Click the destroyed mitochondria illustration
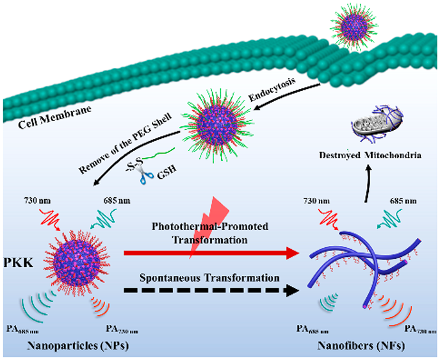[x=368, y=127]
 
